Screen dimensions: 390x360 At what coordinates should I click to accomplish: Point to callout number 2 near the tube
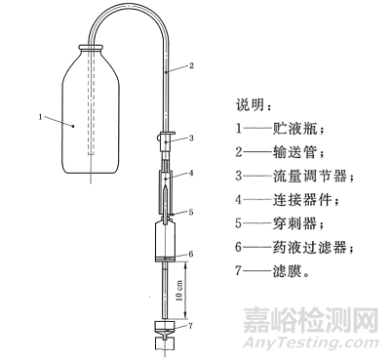coord(192,66)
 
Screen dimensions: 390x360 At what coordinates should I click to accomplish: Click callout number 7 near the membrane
coord(191,325)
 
